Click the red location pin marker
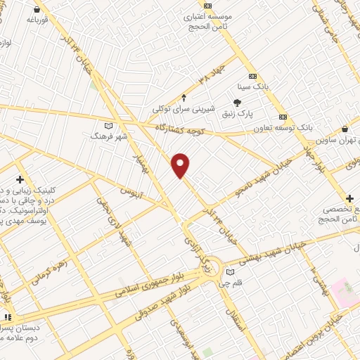coord(181,165)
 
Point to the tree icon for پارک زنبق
coord(236,102)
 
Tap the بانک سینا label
coord(253,87)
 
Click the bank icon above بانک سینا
coord(253,77)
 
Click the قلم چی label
coord(231,284)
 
